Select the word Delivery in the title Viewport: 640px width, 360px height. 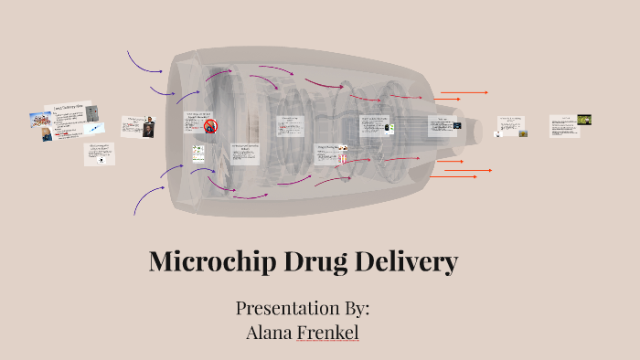tap(408, 263)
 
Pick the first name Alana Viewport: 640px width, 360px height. tap(270, 332)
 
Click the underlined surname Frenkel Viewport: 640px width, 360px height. tap(328, 332)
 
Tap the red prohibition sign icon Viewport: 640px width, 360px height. tap(210, 126)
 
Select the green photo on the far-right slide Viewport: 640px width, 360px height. tap(583, 120)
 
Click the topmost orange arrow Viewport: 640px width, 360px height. tap(464, 92)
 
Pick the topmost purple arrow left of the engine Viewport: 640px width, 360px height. tap(144, 62)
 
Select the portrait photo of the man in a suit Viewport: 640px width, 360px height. tap(147, 131)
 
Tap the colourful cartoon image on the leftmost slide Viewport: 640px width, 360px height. tap(39, 119)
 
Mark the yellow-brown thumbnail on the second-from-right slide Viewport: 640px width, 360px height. tap(523, 133)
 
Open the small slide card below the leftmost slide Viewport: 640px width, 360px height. tap(101, 154)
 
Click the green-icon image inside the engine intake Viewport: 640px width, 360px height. tap(197, 153)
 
